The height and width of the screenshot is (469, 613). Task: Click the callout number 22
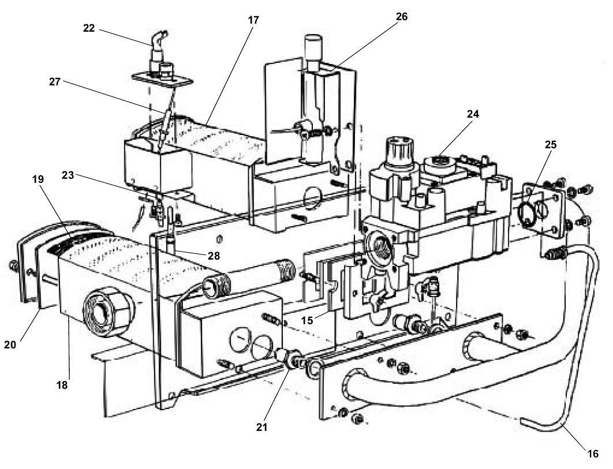[x=88, y=27]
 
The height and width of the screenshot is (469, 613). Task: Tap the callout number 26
[x=401, y=17]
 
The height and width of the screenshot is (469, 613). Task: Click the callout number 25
[x=551, y=144]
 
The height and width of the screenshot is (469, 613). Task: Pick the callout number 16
[x=593, y=453]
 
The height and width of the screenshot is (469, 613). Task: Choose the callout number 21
[x=262, y=427]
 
